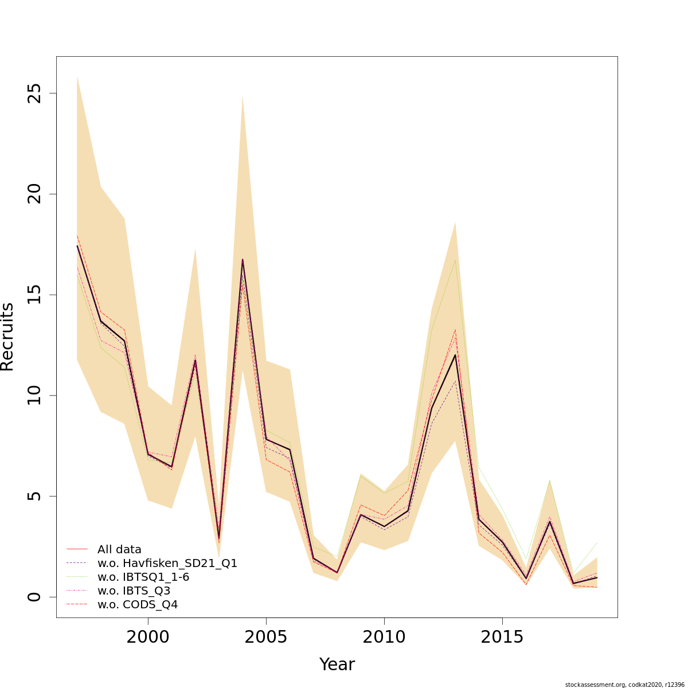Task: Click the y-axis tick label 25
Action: coord(36,93)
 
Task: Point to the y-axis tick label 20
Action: coord(36,194)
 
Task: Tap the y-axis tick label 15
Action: coord(36,295)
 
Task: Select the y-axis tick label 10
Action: coord(36,396)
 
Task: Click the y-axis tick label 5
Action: coord(36,496)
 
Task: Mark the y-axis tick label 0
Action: coord(36,597)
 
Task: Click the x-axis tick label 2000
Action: coord(148,638)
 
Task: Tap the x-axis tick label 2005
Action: coord(266,638)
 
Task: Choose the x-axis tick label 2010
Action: coord(384,638)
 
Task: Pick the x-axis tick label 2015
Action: coord(502,638)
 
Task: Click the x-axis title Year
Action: coord(337,664)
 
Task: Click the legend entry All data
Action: coord(119,549)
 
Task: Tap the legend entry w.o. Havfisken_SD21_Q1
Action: coord(167,563)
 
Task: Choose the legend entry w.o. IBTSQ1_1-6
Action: coord(143,577)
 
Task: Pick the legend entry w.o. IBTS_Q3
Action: coord(134,591)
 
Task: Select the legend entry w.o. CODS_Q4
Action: coord(138,604)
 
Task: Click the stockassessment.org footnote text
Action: coord(624,685)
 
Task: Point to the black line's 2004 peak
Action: coord(243,259)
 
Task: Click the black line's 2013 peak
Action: coord(455,355)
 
